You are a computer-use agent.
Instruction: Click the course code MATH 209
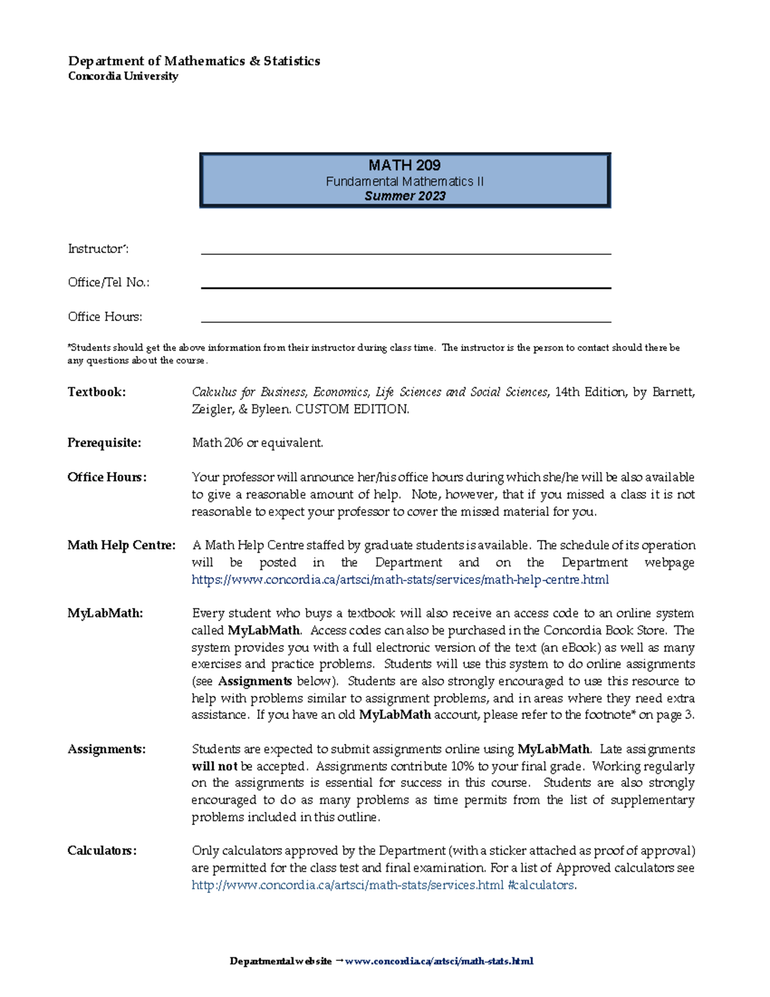(x=404, y=165)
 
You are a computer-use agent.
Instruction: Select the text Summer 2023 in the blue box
(x=404, y=196)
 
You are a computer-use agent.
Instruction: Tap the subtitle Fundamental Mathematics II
(x=404, y=182)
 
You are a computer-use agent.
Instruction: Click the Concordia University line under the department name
(x=123, y=76)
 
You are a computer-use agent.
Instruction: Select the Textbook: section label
(x=97, y=392)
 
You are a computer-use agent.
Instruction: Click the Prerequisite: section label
(x=104, y=443)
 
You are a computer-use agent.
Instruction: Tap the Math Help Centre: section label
(x=121, y=546)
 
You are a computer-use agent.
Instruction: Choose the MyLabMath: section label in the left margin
(x=105, y=614)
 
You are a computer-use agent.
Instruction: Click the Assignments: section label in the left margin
(x=107, y=749)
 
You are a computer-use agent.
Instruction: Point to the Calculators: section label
(x=102, y=851)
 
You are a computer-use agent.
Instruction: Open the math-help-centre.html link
(x=400, y=580)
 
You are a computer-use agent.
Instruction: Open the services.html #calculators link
(x=383, y=885)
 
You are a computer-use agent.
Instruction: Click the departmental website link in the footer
(x=439, y=962)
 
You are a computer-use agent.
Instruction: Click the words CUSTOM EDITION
(x=352, y=410)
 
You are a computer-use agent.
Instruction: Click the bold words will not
(x=214, y=767)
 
